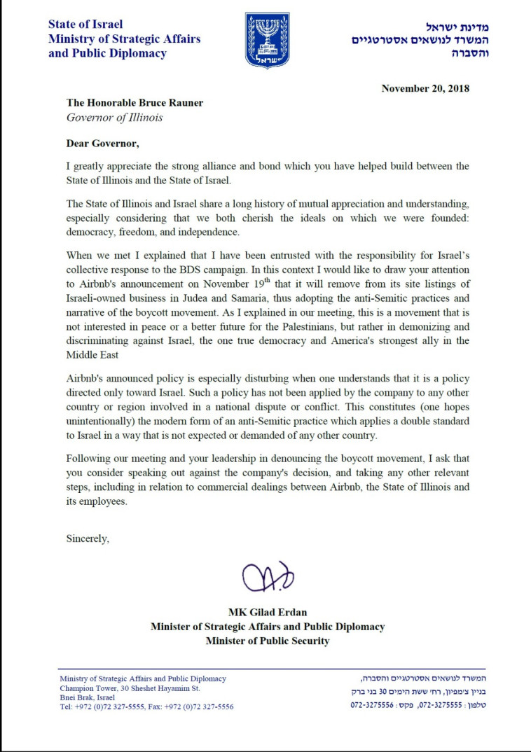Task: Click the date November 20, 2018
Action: [425, 88]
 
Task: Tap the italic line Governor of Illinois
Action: [114, 118]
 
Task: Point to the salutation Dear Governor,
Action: [103, 144]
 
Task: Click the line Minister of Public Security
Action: [268, 641]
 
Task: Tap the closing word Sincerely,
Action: [88, 538]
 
